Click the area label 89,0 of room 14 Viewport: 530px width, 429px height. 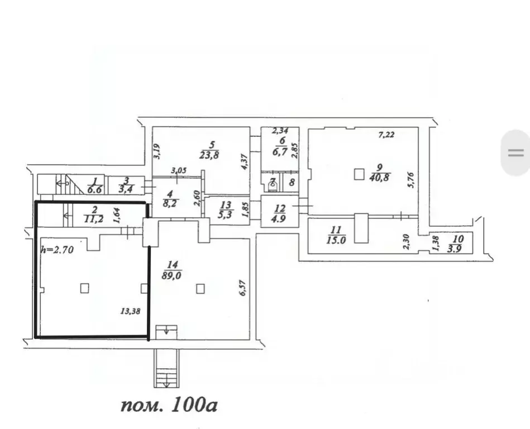pyautogui.click(x=171, y=275)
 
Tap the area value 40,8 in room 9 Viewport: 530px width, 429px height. pyautogui.click(x=379, y=177)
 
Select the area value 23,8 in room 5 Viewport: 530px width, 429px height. pyautogui.click(x=209, y=155)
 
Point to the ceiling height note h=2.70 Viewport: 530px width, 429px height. pyautogui.click(x=57, y=250)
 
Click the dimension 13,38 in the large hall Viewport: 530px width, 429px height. pyautogui.click(x=130, y=311)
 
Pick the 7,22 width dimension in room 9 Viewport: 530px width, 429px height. pyautogui.click(x=386, y=135)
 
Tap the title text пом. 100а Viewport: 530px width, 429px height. pyautogui.click(x=169, y=404)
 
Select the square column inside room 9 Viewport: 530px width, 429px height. pyautogui.click(x=359, y=175)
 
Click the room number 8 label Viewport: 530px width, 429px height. pyautogui.click(x=292, y=183)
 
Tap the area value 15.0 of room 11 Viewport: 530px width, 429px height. pyautogui.click(x=336, y=240)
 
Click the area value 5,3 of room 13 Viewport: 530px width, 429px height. pyautogui.click(x=225, y=214)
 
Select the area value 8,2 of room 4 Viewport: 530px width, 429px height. pyautogui.click(x=170, y=203)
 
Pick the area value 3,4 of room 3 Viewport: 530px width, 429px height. pyautogui.click(x=126, y=189)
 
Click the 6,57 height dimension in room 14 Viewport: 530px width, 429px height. pyautogui.click(x=242, y=288)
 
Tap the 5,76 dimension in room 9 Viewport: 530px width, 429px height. pyautogui.click(x=411, y=180)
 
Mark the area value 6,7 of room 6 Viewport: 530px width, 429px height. pyautogui.click(x=280, y=151)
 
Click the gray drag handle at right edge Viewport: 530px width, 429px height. pyautogui.click(x=516, y=153)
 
